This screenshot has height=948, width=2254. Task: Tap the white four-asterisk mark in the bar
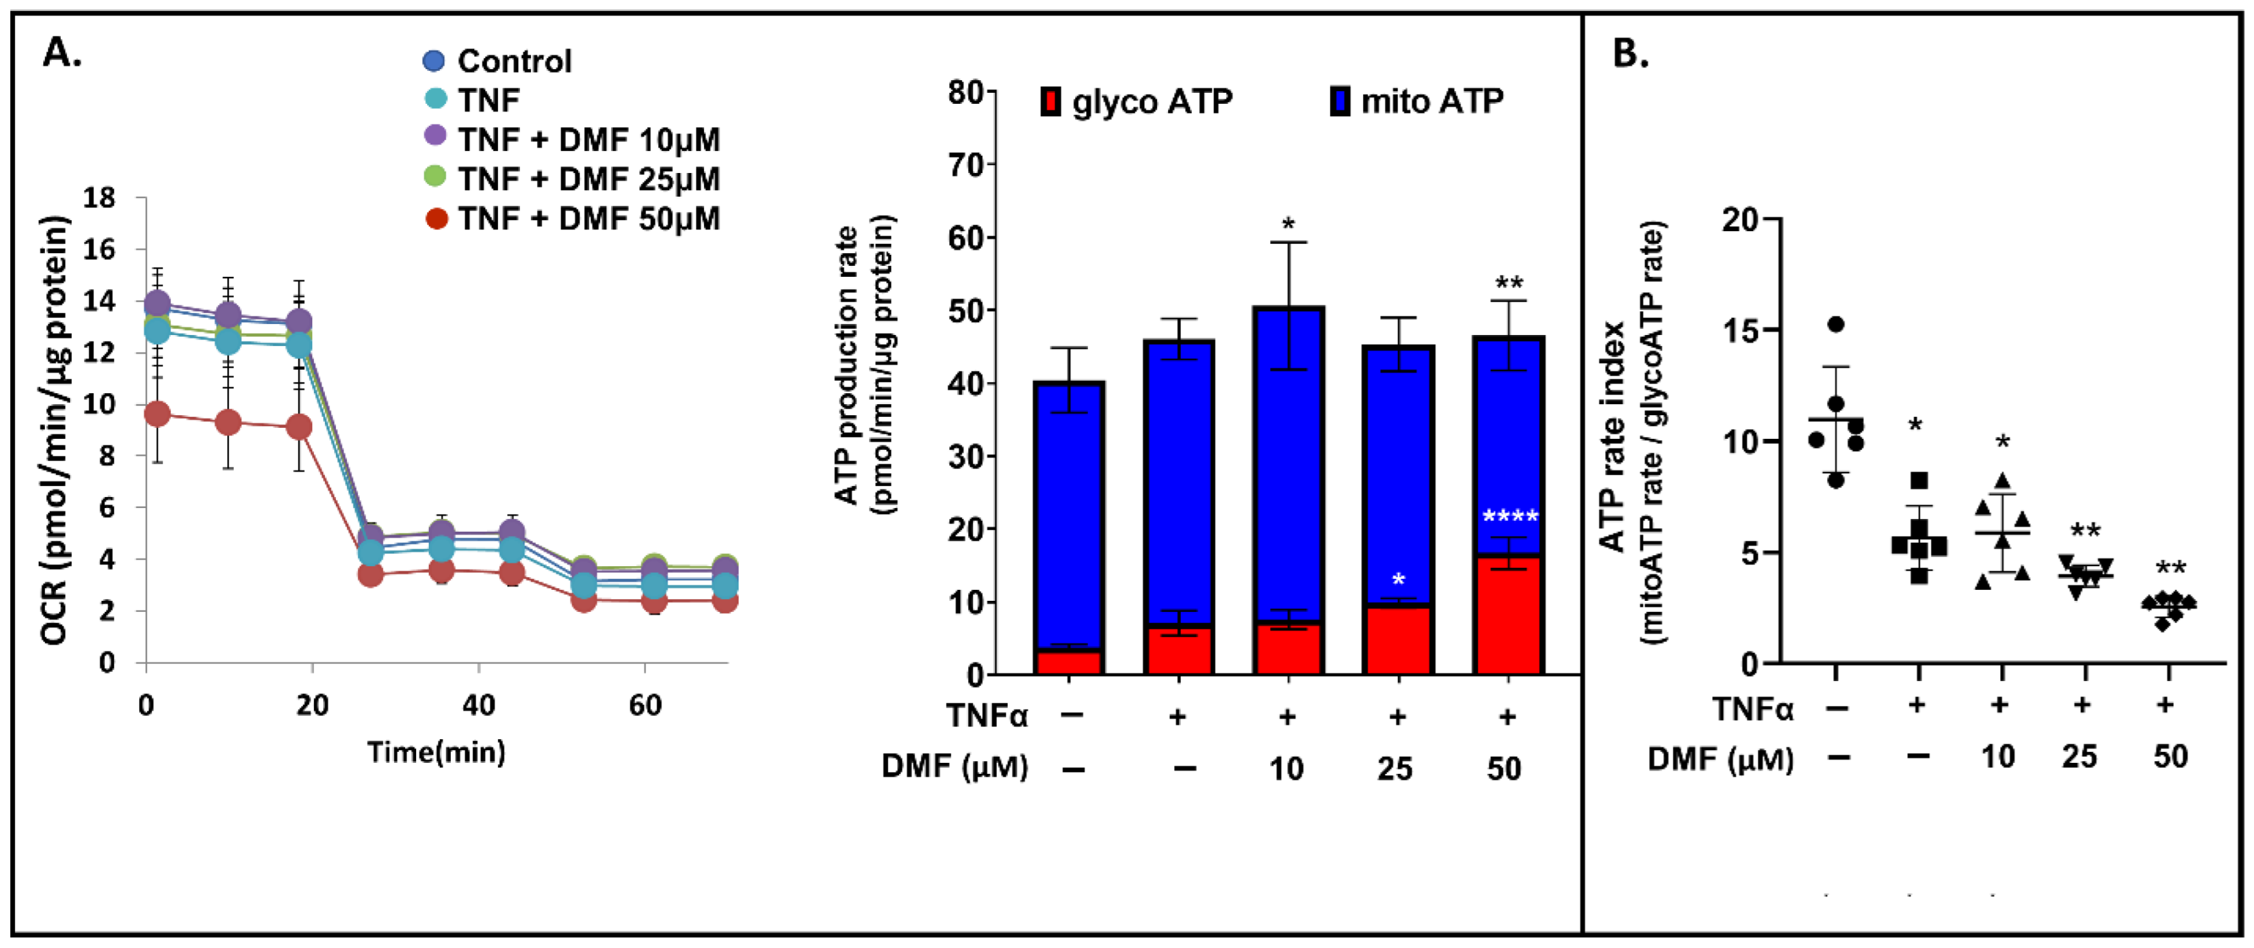pyautogui.click(x=1509, y=517)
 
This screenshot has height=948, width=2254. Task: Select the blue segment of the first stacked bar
pyautogui.click(x=1068, y=516)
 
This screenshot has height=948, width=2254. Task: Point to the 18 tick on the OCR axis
pyautogui.click(x=99, y=198)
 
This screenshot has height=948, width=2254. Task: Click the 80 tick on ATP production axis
pyautogui.click(x=965, y=91)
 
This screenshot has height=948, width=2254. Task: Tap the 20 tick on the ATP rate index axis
pyautogui.click(x=1740, y=218)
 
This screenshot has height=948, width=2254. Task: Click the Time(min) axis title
pyautogui.click(x=435, y=752)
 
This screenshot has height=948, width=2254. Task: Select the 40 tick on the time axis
pyautogui.click(x=478, y=705)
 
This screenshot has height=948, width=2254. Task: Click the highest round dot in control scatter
pyautogui.click(x=1836, y=325)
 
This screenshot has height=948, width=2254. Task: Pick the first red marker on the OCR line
pyautogui.click(x=157, y=414)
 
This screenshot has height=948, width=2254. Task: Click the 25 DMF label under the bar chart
pyautogui.click(x=1395, y=769)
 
